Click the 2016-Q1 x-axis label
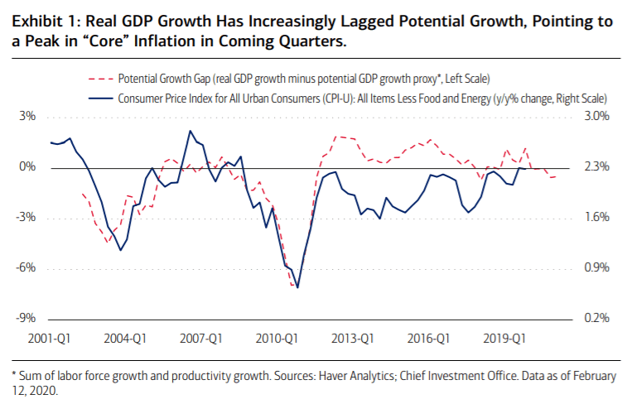pos(428,338)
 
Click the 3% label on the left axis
pos(28,117)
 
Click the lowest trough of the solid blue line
pos(297,287)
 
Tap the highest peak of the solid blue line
pos(190,131)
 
